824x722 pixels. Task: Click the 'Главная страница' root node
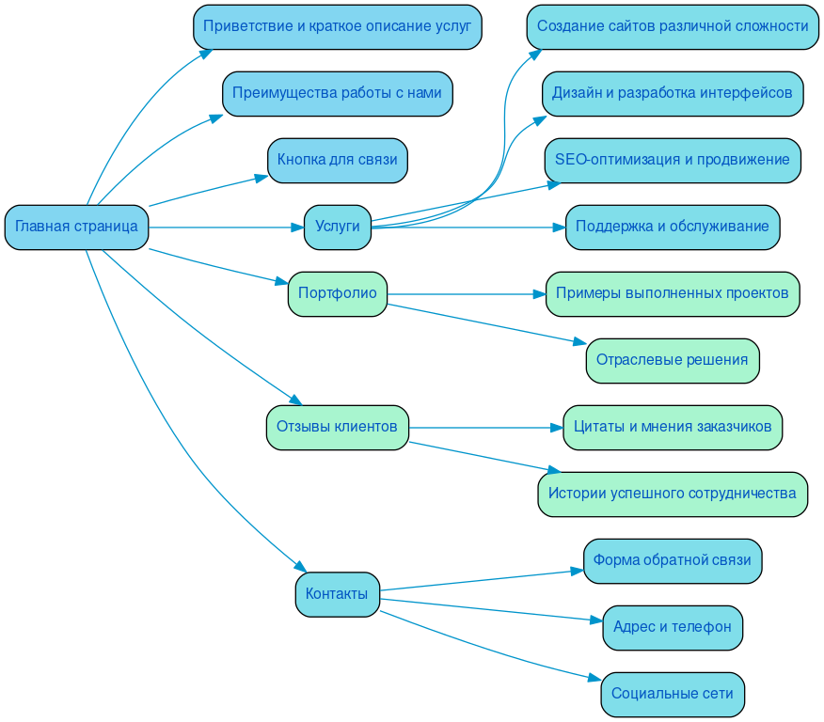(x=76, y=227)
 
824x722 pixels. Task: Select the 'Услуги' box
(x=337, y=227)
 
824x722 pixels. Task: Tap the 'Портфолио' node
(x=337, y=293)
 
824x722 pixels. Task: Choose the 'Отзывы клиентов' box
(x=337, y=427)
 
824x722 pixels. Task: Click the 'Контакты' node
(x=337, y=594)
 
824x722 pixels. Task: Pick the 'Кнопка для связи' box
(x=337, y=160)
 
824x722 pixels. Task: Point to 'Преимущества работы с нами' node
(x=337, y=93)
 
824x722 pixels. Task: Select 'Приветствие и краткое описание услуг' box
(x=337, y=26)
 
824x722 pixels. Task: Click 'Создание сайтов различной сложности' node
(x=672, y=26)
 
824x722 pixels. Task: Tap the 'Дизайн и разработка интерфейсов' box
(x=672, y=93)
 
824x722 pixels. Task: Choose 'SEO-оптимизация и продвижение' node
(x=672, y=160)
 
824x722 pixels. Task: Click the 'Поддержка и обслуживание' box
(x=672, y=227)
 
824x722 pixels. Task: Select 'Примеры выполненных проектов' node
(x=672, y=293)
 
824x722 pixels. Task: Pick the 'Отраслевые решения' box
(x=672, y=360)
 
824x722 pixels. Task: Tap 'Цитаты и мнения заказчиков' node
(x=672, y=427)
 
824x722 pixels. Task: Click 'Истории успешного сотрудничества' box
(x=672, y=494)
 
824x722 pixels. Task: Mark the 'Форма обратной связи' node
(x=672, y=560)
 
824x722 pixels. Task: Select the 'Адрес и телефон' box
(x=672, y=627)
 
